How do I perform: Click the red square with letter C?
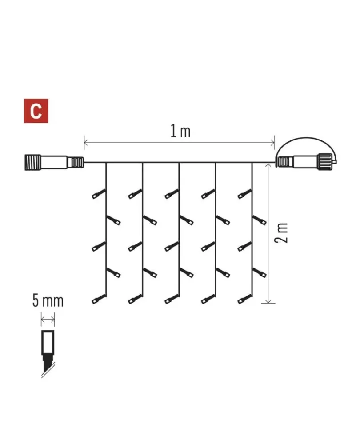pos(36,111)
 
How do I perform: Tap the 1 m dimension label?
pos(180,132)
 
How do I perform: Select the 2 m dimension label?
pos(281,233)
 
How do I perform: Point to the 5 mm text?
pos(48,301)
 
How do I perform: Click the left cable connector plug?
pos(54,162)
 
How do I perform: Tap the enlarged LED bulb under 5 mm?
pos(48,353)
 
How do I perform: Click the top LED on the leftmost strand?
pos(98,194)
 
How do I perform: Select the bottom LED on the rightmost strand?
pos(244,299)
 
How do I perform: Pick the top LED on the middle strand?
pos(172,194)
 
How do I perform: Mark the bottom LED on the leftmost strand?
pos(98,299)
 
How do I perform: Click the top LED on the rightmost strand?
pos(244,194)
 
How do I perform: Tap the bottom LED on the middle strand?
pos(172,299)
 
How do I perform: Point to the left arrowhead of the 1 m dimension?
pos(86,143)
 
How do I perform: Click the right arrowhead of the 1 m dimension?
pos(272,143)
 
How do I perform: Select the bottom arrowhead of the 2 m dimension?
pos(268,301)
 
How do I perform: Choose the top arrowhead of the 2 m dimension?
pos(268,166)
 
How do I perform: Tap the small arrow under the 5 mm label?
pos(48,320)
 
